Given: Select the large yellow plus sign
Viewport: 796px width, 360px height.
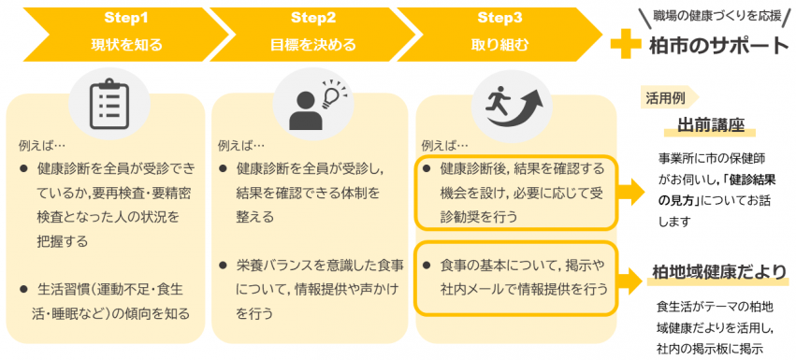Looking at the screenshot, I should point(626,44).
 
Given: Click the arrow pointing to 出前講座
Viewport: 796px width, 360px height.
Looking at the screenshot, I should point(631,191).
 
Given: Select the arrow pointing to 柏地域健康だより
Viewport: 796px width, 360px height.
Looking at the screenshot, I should point(631,276).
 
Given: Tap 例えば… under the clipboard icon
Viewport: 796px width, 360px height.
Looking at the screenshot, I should point(43,146).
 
